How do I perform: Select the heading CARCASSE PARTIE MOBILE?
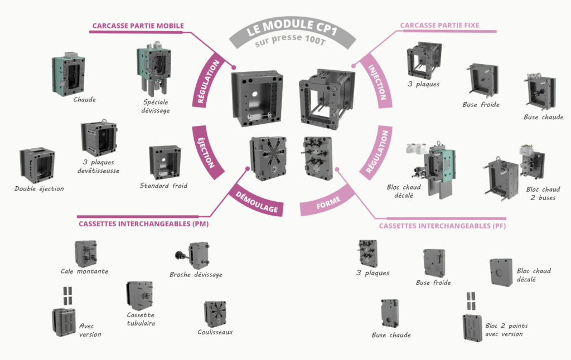click(138, 26)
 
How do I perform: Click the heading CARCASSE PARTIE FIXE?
click(439, 26)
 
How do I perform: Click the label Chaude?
click(84, 100)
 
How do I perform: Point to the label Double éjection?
click(39, 189)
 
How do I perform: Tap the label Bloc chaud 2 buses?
click(543, 193)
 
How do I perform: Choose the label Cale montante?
click(84, 271)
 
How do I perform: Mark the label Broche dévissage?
click(196, 275)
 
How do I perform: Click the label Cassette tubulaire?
click(141, 319)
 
